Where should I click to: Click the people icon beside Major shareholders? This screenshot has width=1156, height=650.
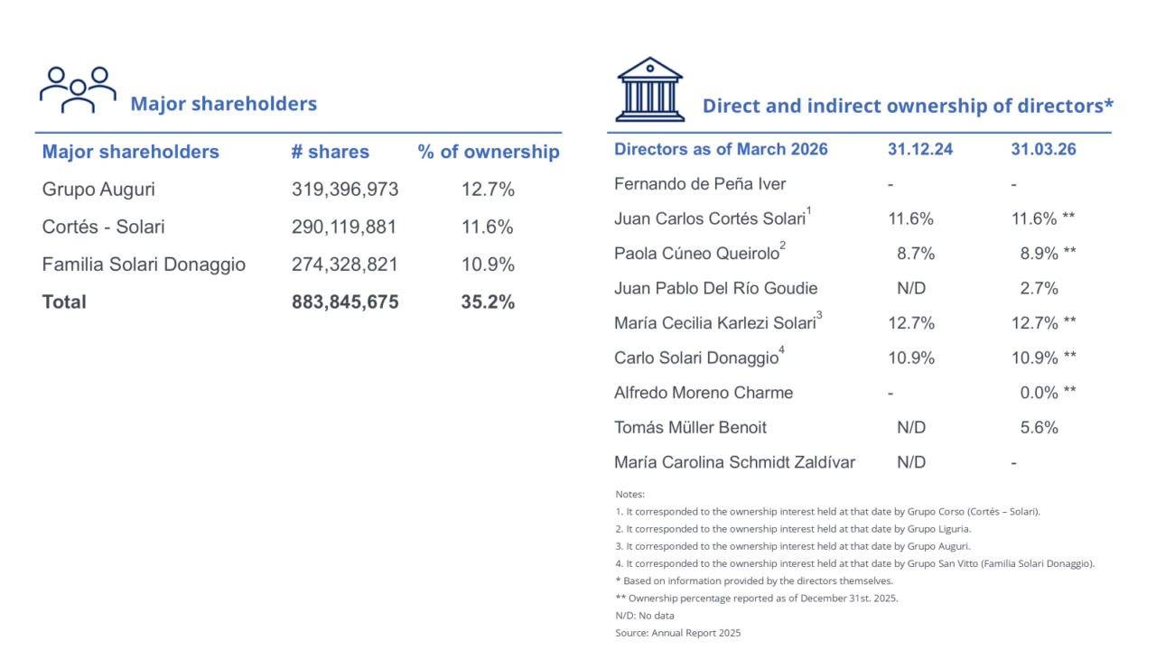pos(78,89)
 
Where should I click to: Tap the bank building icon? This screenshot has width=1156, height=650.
pos(649,89)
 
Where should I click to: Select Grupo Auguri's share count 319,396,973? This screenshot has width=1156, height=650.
pos(345,190)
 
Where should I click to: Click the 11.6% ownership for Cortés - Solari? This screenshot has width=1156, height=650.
pos(488,227)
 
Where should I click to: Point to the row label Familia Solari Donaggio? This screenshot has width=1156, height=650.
pos(144,265)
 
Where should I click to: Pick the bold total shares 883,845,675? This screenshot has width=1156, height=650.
pos(345,302)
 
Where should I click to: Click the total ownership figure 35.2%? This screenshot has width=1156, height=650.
pos(488,302)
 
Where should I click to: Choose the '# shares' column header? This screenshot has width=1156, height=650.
pos(331,152)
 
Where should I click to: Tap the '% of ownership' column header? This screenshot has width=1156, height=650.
pos(489,152)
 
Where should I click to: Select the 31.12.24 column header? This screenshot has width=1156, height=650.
pos(919,149)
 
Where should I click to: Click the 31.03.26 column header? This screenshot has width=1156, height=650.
pos(1043,149)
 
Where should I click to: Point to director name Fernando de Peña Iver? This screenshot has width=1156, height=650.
pos(700,184)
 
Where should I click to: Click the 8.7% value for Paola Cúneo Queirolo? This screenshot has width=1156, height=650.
pos(916,254)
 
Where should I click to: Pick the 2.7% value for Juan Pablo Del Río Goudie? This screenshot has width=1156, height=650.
pos(1039,289)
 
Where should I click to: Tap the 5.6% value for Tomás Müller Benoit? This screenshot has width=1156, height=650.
pos(1039,428)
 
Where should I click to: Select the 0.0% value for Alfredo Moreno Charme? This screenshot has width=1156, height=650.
pos(1039,393)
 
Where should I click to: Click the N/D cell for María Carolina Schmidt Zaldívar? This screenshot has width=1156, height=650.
pos(911,462)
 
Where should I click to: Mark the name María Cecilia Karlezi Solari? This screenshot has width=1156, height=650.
pos(713,323)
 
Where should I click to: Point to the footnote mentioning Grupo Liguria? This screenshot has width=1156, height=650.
pos(780,529)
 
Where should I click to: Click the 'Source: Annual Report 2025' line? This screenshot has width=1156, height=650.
pos(677,633)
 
